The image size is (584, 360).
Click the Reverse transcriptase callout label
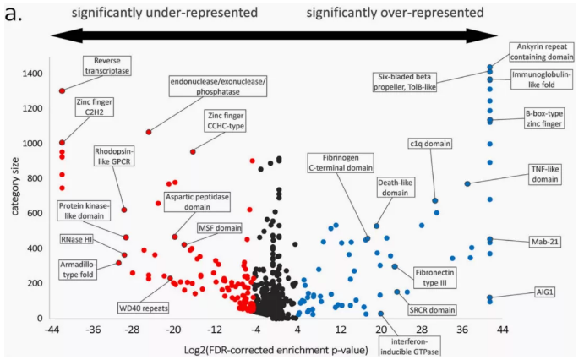point(107,66)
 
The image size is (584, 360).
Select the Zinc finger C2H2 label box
point(95,106)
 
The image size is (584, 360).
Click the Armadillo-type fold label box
point(79,269)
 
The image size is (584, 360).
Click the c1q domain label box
point(430,144)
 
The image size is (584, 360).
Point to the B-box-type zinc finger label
point(543,117)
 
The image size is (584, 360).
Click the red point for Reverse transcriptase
point(62,90)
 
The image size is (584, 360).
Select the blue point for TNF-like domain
point(467,183)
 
